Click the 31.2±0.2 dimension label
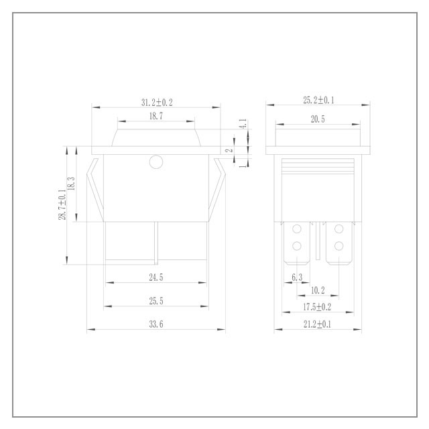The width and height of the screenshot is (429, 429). coord(157,103)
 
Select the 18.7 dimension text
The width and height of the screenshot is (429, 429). coord(156,116)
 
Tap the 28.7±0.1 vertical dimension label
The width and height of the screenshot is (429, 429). coord(62,204)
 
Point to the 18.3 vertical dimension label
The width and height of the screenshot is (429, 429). coord(71,184)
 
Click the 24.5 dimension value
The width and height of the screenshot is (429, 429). coord(156,277)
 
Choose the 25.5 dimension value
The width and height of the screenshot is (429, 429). coord(156,301)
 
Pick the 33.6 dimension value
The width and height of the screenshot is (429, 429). coord(156,324)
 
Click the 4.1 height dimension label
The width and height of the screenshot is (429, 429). coord(243,123)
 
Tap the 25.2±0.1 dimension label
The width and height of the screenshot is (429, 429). coord(318,100)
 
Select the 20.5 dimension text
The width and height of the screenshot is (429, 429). coord(318,119)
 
